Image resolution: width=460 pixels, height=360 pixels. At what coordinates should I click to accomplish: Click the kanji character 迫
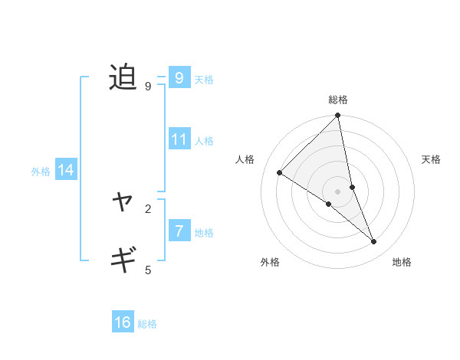click(x=123, y=78)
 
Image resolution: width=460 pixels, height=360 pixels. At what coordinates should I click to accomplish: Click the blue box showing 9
click(x=179, y=78)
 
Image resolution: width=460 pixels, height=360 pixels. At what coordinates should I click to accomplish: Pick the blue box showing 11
click(x=179, y=139)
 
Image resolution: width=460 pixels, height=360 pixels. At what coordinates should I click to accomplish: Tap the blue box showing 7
click(x=179, y=231)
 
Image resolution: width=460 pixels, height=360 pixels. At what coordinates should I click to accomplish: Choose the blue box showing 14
click(x=66, y=171)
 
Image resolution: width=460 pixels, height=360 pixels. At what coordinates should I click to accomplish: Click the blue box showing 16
click(x=123, y=322)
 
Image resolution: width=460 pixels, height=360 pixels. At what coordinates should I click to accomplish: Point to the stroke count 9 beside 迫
click(x=148, y=87)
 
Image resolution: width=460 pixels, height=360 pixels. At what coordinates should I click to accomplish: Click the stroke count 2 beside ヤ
click(x=148, y=208)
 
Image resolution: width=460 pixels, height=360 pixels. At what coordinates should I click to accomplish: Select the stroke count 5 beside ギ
click(x=148, y=270)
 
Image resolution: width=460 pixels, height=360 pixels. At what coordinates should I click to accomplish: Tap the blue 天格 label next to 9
click(x=204, y=80)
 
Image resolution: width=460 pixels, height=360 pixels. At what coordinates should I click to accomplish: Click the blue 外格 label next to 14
click(x=41, y=172)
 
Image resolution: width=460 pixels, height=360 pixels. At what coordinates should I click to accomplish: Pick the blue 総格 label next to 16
click(x=147, y=324)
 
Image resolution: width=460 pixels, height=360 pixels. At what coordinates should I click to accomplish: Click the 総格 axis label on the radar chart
click(x=338, y=100)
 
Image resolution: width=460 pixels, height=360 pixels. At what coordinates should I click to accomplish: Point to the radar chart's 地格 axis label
click(x=402, y=262)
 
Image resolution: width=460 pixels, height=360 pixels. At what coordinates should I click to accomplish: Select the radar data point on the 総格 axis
click(x=338, y=116)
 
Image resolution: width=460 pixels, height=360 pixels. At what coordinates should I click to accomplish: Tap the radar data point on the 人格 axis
click(x=280, y=172)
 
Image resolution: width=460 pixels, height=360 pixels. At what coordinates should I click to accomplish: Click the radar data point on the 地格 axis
click(x=374, y=241)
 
